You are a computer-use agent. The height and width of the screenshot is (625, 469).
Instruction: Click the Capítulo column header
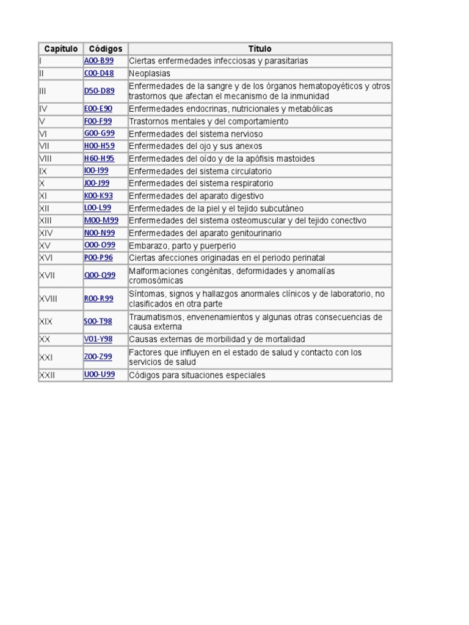60,49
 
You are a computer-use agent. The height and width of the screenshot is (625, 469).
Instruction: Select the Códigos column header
106,49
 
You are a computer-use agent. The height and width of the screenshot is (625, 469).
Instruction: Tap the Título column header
260,49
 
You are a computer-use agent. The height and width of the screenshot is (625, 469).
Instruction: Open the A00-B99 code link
99,61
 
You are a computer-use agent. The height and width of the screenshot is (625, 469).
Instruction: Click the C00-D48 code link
99,73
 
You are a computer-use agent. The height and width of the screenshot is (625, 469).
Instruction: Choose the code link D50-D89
99,91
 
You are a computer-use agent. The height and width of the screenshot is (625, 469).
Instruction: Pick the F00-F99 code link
98,121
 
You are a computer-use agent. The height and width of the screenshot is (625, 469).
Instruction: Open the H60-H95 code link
99,159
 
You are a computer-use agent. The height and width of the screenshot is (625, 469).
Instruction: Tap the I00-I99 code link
96,171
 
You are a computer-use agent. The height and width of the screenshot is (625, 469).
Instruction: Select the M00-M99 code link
101,220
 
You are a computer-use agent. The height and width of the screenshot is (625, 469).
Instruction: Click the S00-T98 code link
98,321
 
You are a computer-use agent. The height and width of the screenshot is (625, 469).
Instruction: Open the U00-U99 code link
100,375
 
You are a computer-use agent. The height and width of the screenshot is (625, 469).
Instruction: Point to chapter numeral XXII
47,375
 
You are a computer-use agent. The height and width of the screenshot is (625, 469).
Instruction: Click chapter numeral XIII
45,220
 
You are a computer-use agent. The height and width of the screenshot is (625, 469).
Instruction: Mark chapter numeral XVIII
48,298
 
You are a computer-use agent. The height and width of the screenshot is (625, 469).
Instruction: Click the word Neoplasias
150,73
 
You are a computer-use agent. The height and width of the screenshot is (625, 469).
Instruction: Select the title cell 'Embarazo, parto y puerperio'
182,245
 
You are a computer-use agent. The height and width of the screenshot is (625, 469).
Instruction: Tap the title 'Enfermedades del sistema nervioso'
196,134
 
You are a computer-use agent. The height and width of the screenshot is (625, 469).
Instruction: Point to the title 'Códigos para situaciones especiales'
197,375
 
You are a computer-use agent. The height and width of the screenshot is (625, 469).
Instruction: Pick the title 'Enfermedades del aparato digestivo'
196,196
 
